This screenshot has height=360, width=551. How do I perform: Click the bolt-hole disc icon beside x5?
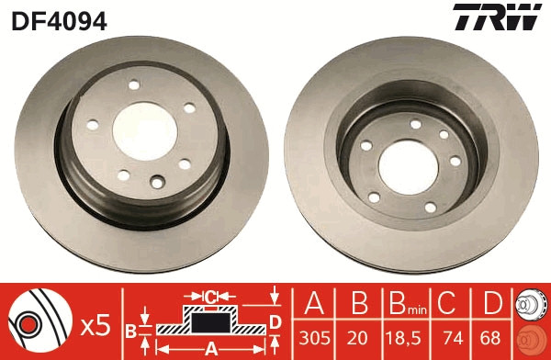[x=37, y=323]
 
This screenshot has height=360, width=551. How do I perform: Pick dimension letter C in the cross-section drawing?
[x=210, y=296]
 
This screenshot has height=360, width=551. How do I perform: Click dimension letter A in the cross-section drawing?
[x=210, y=347]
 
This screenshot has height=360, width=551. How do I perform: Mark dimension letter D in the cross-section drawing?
[x=275, y=321]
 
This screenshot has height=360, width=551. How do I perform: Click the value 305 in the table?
[x=314, y=336]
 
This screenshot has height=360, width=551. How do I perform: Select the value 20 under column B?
[x=360, y=336]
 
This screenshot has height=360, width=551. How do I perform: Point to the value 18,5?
[x=405, y=336]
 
